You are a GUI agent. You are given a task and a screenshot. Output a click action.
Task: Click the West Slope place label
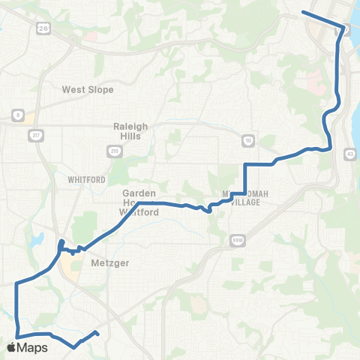point(88,89)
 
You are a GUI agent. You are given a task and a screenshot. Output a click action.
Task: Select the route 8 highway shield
point(16,115)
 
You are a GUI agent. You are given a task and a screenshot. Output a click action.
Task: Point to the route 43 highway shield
point(351,154)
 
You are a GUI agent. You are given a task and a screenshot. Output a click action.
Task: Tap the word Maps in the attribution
point(34,348)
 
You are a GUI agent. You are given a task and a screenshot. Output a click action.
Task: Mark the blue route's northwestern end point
point(302,12)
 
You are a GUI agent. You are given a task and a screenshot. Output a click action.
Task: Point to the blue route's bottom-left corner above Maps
point(16,335)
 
